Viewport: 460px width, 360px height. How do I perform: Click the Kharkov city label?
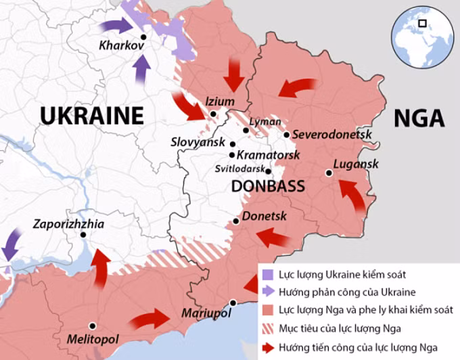tap(122, 47)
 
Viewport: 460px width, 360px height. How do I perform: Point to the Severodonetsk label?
tap(333, 135)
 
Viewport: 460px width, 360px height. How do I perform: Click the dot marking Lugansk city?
tap(328, 173)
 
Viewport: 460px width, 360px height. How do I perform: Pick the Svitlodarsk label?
tap(239, 169)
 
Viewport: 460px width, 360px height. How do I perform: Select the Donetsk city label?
tap(264, 217)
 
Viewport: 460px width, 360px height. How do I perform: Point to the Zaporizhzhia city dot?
tap(83, 235)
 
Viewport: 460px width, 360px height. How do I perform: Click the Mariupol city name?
tap(207, 314)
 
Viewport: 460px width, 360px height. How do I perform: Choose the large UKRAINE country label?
tap(92, 116)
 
